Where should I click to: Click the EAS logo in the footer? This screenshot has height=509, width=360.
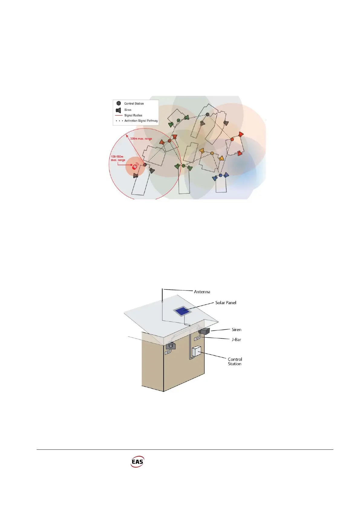pos(137,462)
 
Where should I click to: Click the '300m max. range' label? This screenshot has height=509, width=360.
pos(141,139)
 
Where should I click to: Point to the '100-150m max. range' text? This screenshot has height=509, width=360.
pos(118,158)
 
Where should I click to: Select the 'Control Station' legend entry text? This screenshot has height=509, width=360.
pos(134,104)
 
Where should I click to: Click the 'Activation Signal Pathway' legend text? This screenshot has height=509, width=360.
pos(141,121)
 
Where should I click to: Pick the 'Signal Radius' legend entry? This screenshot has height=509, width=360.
pos(133,115)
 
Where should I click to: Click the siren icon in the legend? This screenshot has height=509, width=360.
pos(119,110)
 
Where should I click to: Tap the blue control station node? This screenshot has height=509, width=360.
pos(221,175)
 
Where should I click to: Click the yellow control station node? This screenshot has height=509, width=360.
pos(212,153)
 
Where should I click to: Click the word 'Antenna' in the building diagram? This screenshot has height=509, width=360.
pos(202,292)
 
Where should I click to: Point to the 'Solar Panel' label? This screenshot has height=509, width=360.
pos(226,303)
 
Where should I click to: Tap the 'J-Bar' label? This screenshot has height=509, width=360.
pos(236,340)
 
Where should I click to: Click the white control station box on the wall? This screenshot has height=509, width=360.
pos(197,351)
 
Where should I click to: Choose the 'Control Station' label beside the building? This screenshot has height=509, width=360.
pos(235,361)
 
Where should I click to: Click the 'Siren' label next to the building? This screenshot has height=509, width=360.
pos(237,330)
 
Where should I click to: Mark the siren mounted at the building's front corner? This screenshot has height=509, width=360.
pos(171,345)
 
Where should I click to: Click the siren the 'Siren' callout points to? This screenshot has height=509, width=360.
pos(205,331)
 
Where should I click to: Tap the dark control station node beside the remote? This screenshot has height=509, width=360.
pos(145,164)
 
